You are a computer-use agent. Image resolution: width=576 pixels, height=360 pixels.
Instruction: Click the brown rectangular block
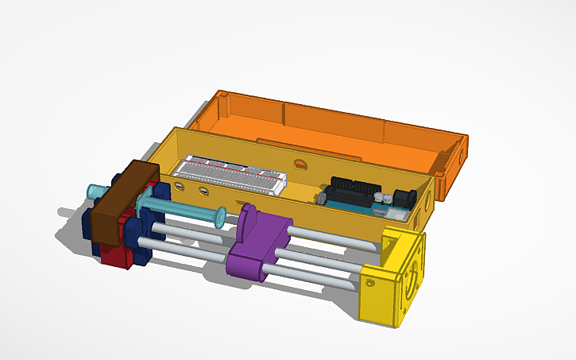coord(124,205)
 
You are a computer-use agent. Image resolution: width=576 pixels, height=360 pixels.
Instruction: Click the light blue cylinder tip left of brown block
coord(95,191)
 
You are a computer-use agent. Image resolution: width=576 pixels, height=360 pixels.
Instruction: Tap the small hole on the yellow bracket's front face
coord(370,281)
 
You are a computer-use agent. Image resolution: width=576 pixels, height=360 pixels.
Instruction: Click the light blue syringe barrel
coord(183,211)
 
